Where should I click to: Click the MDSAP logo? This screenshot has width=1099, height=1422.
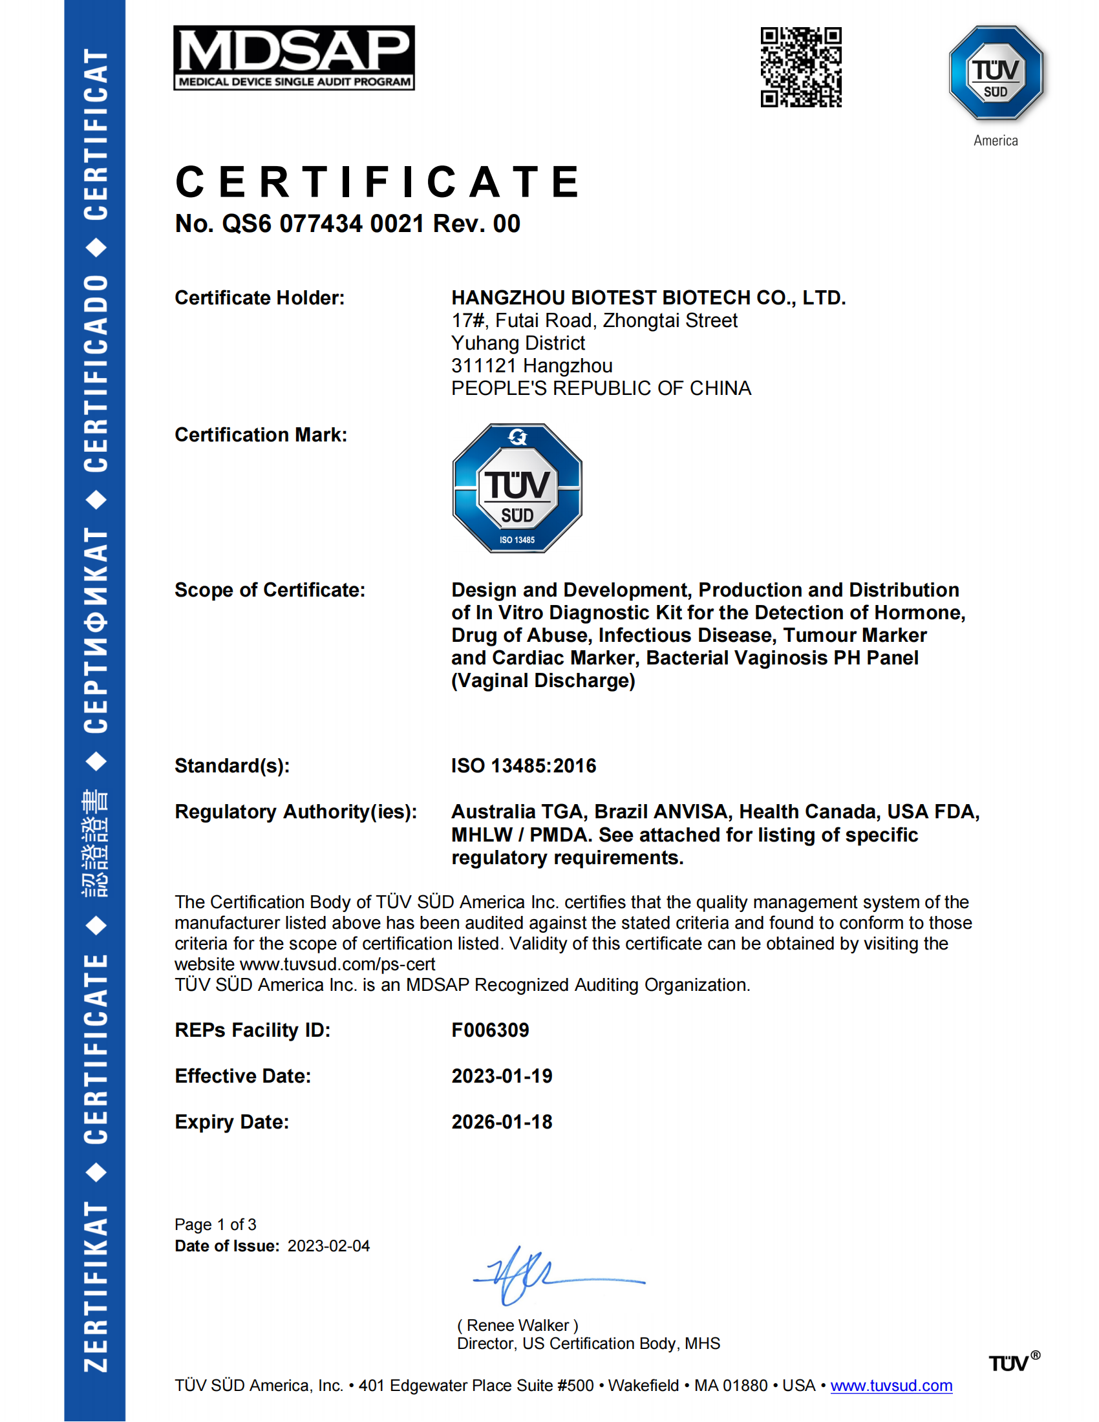coord(293,58)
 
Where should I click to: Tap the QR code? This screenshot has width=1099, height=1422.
coord(801,67)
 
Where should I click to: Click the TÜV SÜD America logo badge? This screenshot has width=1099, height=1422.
coord(996,74)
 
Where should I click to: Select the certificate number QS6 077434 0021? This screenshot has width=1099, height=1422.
coord(323,224)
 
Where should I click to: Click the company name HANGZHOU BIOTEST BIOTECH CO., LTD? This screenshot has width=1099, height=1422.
coord(648,297)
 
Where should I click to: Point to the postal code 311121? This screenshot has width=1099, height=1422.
coord(484,366)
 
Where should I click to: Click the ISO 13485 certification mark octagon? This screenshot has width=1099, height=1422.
coord(517,488)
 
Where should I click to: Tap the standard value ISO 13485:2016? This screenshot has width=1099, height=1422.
coord(524,766)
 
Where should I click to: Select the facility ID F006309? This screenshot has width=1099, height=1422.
coord(490,1030)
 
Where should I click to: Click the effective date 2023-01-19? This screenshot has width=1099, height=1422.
coord(502,1076)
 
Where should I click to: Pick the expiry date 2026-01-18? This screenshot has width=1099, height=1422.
coord(502,1122)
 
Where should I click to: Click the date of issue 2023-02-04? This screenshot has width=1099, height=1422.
coord(329,1246)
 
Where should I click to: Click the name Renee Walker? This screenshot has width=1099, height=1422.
coord(518,1325)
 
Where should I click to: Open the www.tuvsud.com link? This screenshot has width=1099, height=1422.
coord(891,1386)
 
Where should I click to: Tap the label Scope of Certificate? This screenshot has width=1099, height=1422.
coord(270,590)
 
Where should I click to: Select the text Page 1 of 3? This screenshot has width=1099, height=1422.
coord(215,1225)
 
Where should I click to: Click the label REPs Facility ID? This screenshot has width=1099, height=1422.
coord(253,1030)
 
